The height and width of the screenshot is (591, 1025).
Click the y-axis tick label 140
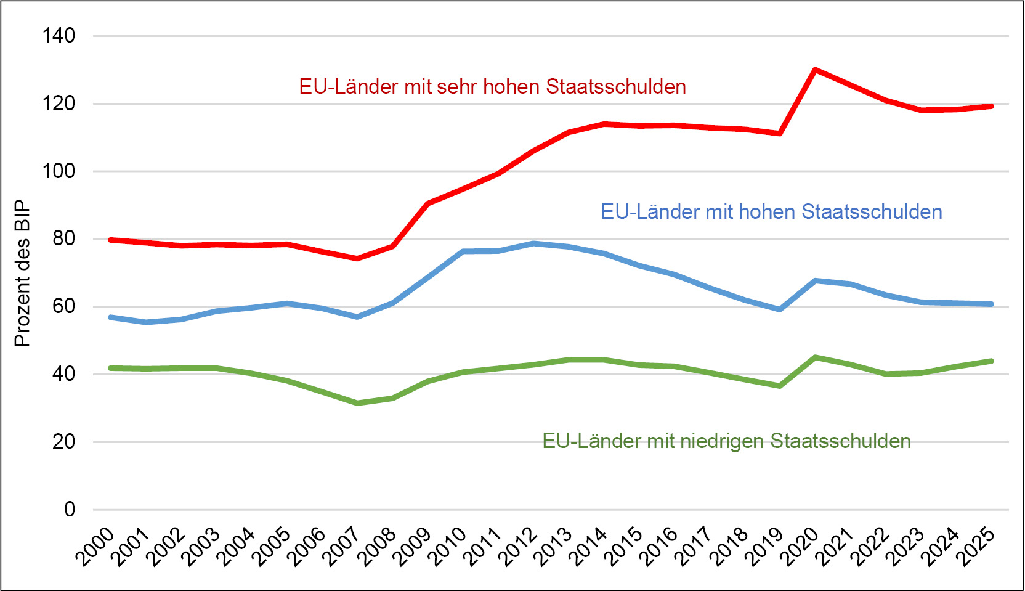point(59,36)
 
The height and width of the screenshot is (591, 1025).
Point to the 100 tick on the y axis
point(59,171)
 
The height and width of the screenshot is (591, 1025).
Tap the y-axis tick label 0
point(70,510)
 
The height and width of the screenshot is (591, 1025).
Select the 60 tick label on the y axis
point(63,306)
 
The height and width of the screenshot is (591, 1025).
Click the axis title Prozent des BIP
point(22,273)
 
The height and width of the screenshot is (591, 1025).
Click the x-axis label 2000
point(95,547)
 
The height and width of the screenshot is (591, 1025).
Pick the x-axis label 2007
point(342,547)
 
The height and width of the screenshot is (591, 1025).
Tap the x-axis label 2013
point(553,547)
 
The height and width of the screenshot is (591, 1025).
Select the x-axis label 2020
point(800,547)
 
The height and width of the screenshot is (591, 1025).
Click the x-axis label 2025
point(976,547)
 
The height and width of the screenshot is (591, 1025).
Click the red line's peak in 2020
point(815,70)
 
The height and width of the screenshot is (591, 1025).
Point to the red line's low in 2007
point(357,258)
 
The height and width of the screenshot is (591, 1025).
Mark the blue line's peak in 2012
point(533,243)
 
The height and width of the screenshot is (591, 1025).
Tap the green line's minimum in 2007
point(357,403)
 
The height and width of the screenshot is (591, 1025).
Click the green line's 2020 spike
point(815,357)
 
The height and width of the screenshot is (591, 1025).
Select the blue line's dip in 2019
point(780,309)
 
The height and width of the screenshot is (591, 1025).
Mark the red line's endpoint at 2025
point(991,106)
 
